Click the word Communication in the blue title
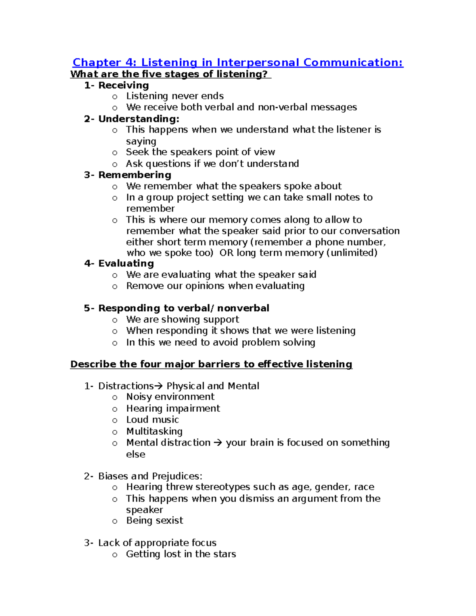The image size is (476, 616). click(x=353, y=63)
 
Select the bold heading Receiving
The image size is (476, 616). click(x=123, y=85)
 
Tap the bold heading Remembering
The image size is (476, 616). click(x=134, y=175)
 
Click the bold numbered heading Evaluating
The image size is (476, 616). click(x=126, y=263)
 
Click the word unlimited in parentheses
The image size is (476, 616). click(x=352, y=253)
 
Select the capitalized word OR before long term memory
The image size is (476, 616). click(x=226, y=253)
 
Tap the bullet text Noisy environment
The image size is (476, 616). click(x=170, y=397)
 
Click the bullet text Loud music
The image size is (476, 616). click(x=152, y=420)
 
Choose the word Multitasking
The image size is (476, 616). click(x=154, y=431)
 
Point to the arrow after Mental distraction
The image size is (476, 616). click(x=218, y=443)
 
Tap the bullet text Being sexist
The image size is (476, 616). click(x=154, y=520)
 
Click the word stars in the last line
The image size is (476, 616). click(x=224, y=554)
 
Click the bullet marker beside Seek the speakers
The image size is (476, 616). click(x=115, y=153)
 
